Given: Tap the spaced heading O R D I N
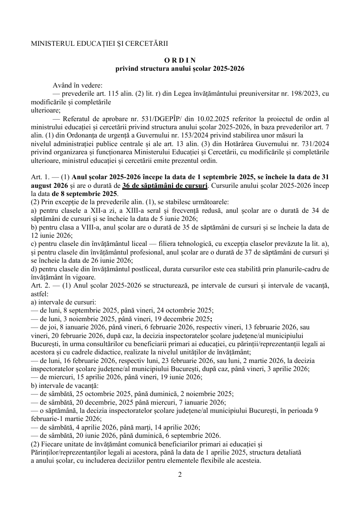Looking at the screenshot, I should tap(180, 60).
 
